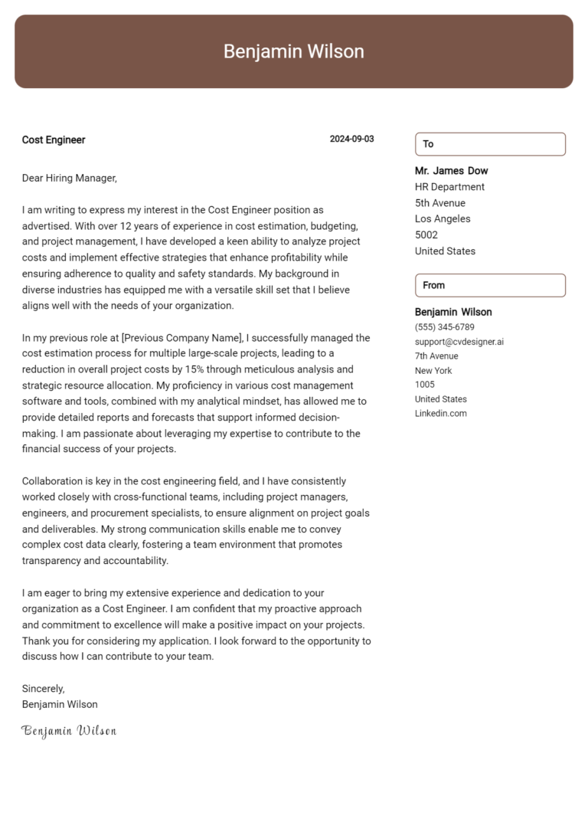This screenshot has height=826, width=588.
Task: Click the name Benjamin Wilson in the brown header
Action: pyautogui.click(x=293, y=51)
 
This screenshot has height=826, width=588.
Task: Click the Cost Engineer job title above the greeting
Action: pyautogui.click(x=54, y=139)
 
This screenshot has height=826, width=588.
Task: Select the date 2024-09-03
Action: pyautogui.click(x=351, y=139)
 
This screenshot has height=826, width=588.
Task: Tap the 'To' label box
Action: pyautogui.click(x=490, y=144)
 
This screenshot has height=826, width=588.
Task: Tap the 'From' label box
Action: pyautogui.click(x=490, y=285)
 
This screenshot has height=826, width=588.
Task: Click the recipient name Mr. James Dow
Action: pyautogui.click(x=451, y=171)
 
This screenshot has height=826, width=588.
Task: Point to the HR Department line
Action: pyautogui.click(x=449, y=187)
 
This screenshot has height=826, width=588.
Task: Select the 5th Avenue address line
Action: pyautogui.click(x=439, y=203)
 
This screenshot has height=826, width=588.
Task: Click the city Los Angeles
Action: pyautogui.click(x=443, y=219)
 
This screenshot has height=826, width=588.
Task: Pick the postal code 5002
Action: pyautogui.click(x=426, y=235)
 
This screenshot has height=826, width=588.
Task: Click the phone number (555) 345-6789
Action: pyautogui.click(x=444, y=327)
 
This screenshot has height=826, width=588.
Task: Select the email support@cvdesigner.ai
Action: pyautogui.click(x=459, y=342)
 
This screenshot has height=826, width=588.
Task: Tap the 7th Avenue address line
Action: pyautogui.click(x=436, y=356)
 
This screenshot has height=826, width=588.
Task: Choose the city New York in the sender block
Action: pyautogui.click(x=433, y=371)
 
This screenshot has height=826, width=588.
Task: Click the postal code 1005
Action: pyautogui.click(x=424, y=385)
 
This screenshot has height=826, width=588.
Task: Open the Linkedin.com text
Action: pyautogui.click(x=440, y=414)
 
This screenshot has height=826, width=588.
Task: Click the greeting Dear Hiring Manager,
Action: pyautogui.click(x=70, y=178)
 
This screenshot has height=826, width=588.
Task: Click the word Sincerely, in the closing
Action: pyautogui.click(x=44, y=688)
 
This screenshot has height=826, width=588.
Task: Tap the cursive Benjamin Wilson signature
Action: pyautogui.click(x=69, y=731)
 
